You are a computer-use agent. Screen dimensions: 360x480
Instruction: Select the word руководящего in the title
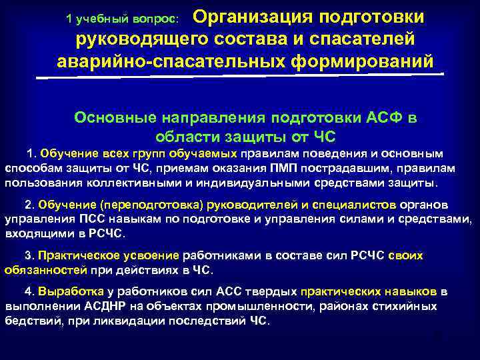(x=143, y=39)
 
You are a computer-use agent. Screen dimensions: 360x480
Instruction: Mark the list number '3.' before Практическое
(x=29, y=255)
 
